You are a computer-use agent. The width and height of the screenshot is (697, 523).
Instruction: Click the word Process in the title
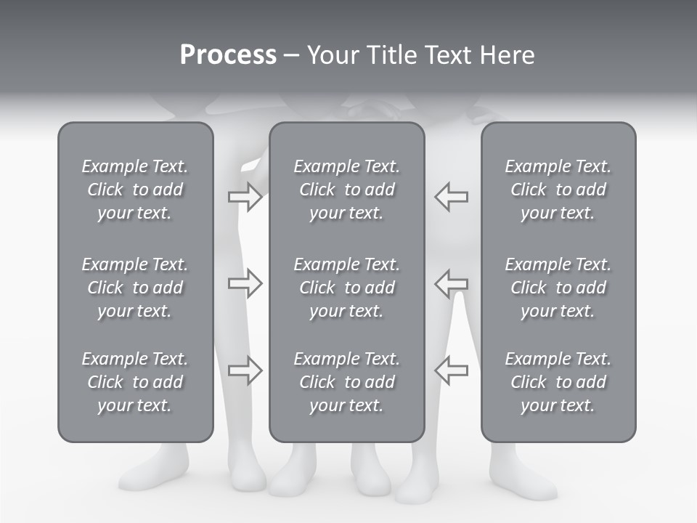click(x=228, y=55)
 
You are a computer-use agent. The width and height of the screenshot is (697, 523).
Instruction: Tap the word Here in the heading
click(x=507, y=55)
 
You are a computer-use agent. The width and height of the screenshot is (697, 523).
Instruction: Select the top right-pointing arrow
click(x=245, y=197)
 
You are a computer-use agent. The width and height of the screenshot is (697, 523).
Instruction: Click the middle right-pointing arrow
click(x=245, y=283)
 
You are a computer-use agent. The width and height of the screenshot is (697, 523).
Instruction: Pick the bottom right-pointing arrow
click(x=245, y=370)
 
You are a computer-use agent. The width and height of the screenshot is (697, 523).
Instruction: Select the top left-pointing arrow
click(x=451, y=197)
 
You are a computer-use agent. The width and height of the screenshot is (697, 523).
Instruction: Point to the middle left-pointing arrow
click(x=451, y=283)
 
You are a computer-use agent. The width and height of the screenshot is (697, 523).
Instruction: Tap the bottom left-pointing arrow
click(x=451, y=370)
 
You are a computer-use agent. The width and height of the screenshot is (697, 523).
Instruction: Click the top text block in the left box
click(x=135, y=190)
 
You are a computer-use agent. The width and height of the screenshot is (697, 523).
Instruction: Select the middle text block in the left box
click(x=135, y=288)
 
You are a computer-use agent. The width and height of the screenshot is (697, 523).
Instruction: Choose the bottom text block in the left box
click(x=135, y=382)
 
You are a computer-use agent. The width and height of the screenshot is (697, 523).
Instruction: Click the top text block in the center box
click(x=346, y=190)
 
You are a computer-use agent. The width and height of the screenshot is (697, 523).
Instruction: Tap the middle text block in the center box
click(x=346, y=288)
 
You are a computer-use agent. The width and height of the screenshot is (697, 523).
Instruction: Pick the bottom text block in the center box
click(x=346, y=382)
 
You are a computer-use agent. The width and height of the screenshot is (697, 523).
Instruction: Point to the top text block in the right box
click(x=558, y=190)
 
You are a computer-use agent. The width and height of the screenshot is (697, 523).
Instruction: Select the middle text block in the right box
click(x=558, y=288)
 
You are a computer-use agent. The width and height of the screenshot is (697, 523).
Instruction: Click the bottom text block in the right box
click(x=558, y=382)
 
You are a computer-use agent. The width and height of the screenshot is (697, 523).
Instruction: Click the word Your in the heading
click(x=333, y=55)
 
